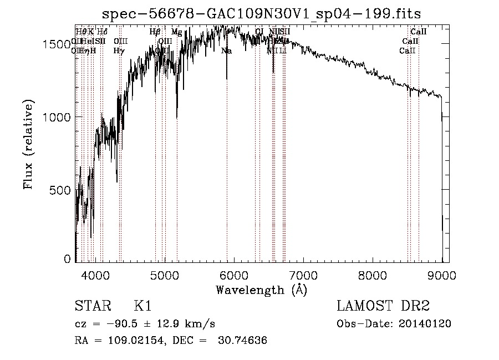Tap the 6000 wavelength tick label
point(234,275)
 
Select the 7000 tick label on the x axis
point(303,275)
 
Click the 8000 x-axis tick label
point(373,275)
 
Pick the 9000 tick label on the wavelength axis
point(441,275)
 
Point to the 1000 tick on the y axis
point(58,117)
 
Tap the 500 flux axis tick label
point(62,190)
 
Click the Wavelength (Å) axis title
point(261,290)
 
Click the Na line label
point(226,51)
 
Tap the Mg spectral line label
point(176,32)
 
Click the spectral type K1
point(142,306)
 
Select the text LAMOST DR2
point(383,306)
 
